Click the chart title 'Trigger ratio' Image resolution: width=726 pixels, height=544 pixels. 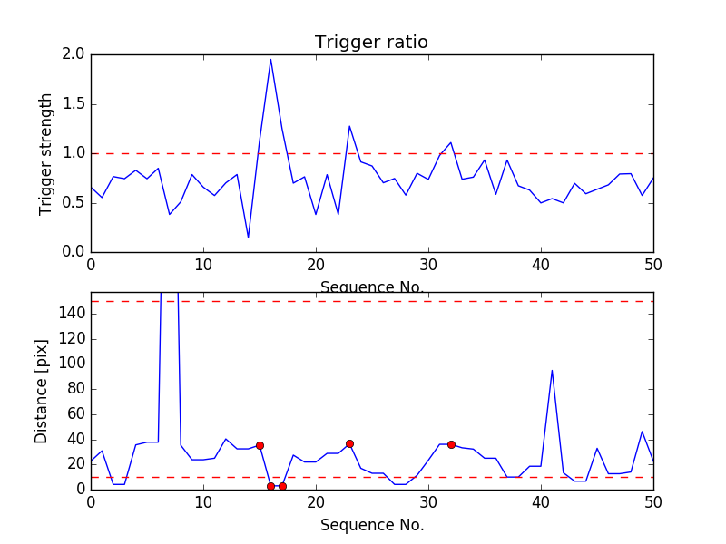pos(371,43)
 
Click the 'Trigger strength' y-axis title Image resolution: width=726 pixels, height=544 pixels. pos(46,153)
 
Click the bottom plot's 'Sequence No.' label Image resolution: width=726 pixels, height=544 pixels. pos(371,525)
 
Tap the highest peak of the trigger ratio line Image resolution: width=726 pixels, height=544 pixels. pos(270,60)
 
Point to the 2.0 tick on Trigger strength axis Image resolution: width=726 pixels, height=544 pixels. pos(73,54)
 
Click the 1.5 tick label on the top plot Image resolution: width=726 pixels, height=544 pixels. pos(73,104)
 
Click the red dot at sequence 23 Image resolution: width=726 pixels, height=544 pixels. pos(349,443)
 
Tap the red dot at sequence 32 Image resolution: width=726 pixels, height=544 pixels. pos(451,444)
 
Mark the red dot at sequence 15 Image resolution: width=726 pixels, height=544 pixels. pos(260,445)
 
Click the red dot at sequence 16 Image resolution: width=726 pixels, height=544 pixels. pos(270,487)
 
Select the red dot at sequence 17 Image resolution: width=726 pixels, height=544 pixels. pos(282,487)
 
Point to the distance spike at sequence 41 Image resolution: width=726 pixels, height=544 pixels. pos(552,370)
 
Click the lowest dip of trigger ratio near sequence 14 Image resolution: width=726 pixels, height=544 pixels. pos(249,238)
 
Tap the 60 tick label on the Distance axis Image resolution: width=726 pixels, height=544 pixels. pos(74,413)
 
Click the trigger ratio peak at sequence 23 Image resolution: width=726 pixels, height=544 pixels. pos(349,126)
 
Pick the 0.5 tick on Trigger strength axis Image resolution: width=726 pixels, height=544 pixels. pos(73,202)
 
